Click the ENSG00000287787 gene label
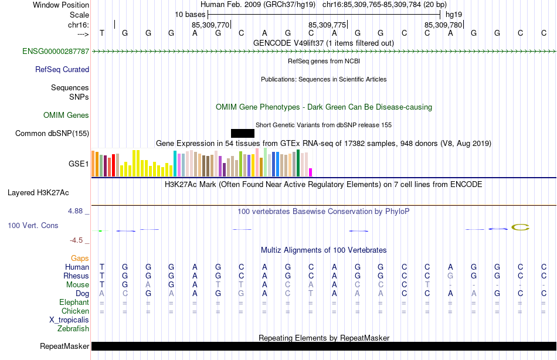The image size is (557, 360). pyautogui.click(x=56, y=52)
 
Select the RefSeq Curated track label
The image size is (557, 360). pyautogui.click(x=62, y=69)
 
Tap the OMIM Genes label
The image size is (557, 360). pyautogui.click(x=66, y=116)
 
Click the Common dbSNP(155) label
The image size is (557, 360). pyautogui.click(x=52, y=134)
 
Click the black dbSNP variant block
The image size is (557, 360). pyautogui.click(x=243, y=133)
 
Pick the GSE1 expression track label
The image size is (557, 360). pyautogui.click(x=79, y=164)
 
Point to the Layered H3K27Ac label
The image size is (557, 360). pyautogui.click(x=38, y=192)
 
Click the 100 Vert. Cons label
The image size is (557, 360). pyautogui.click(x=33, y=226)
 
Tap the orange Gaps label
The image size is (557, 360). pyautogui.click(x=80, y=258)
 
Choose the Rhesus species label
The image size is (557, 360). pyautogui.click(x=76, y=276)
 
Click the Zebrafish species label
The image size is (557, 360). pyautogui.click(x=73, y=329)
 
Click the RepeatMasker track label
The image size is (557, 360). pyautogui.click(x=64, y=346)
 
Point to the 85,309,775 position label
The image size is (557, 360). pyautogui.click(x=327, y=25)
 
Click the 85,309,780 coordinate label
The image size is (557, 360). pyautogui.click(x=443, y=25)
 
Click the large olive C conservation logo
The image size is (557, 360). pyautogui.click(x=521, y=227)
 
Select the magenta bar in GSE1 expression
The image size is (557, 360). pyautogui.click(x=311, y=172)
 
